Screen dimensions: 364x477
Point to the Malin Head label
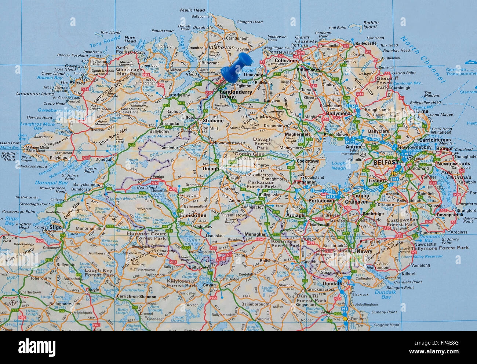[x=193, y=10]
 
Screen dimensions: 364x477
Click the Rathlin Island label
[x=371, y=25]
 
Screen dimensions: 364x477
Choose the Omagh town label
[x=210, y=169]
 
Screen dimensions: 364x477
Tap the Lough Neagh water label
[x=339, y=166]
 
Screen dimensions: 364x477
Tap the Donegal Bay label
[x=51, y=183]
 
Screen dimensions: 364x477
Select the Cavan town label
[x=210, y=285]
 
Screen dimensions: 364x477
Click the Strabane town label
[x=213, y=120]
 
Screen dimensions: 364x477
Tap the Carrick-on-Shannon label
[x=136, y=296]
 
